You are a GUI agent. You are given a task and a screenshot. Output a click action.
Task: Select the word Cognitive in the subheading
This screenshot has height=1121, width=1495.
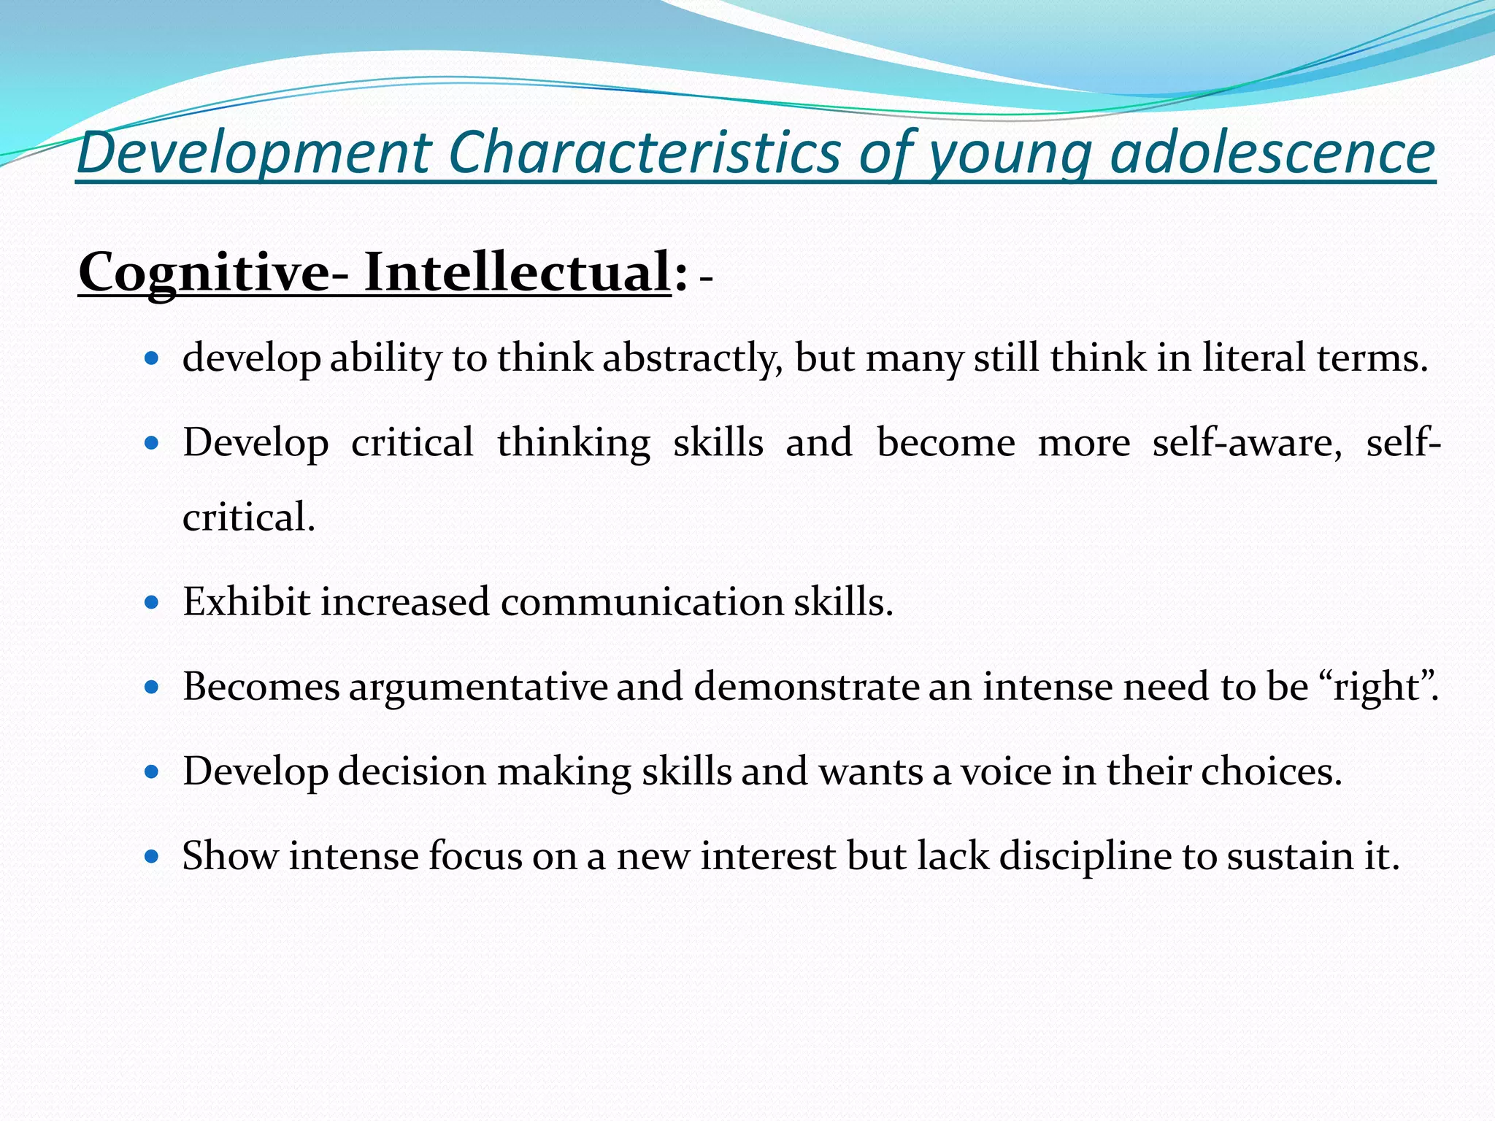(x=204, y=272)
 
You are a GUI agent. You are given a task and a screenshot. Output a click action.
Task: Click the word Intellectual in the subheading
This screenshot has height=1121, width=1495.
(x=517, y=272)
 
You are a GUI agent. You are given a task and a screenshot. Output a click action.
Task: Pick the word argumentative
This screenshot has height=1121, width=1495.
(x=477, y=687)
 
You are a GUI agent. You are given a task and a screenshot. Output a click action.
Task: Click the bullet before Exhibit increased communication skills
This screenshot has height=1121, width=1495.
(x=152, y=603)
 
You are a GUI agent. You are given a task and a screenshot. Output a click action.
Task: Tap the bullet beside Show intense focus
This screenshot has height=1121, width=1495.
(x=152, y=856)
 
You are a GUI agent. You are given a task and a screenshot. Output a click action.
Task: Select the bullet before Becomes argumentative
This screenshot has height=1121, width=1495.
(x=152, y=687)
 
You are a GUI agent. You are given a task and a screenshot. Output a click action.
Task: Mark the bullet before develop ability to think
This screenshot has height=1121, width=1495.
(x=152, y=359)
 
